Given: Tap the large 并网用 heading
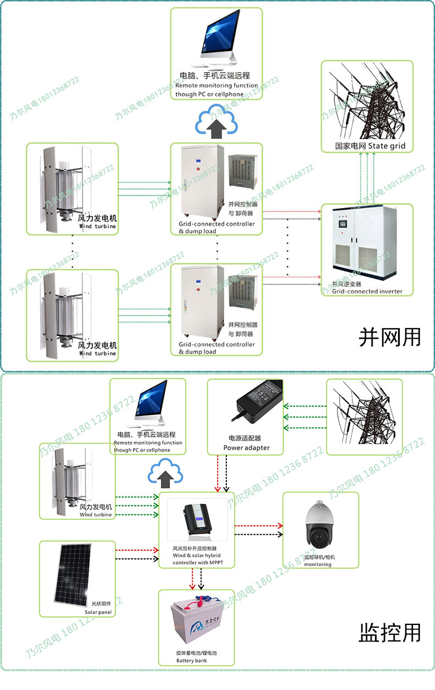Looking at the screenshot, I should [x=389, y=336].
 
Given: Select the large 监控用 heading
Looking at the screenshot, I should [x=389, y=632].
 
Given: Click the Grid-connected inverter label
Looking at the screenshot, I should [x=367, y=291].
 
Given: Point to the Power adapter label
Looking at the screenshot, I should [x=246, y=448].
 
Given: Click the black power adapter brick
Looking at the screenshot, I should [x=259, y=402].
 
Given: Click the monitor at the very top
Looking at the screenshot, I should [x=216, y=40].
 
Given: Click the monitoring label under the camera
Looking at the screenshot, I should [x=318, y=564].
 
